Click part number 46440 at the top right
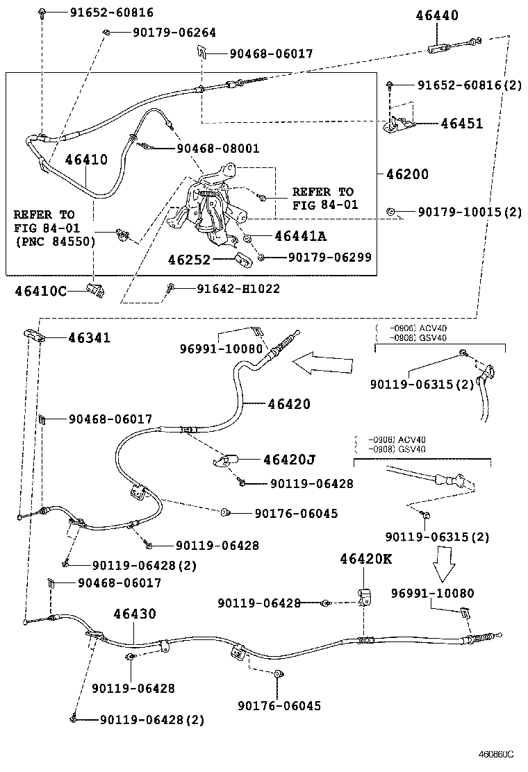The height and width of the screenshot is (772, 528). point(437,15)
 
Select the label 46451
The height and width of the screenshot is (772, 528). point(462,124)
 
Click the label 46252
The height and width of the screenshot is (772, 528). point(188,259)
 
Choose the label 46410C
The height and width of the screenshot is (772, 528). point(40,291)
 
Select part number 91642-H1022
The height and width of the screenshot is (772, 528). point(238,288)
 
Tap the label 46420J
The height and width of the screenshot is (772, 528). point(289,459)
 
